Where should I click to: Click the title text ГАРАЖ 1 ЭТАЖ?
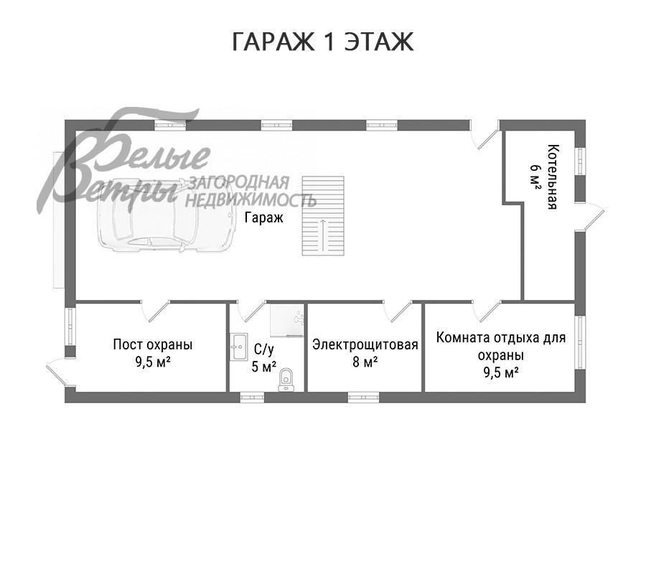tap(322, 42)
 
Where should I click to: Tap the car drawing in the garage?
tap(166, 215)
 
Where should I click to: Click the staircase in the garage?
tap(323, 216)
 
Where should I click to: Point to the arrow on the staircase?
tap(323, 235)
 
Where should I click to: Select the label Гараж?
tap(263, 217)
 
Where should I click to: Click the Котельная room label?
tap(553, 177)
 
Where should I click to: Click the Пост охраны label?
tap(153, 344)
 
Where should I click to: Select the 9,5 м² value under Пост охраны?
tap(153, 362)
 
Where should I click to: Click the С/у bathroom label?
tap(263, 349)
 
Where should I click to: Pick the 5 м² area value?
tap(263, 367)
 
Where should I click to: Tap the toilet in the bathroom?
tap(286, 380)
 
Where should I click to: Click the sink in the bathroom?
tap(238, 347)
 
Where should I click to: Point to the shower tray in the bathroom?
tap(286, 320)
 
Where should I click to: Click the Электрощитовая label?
tap(365, 344)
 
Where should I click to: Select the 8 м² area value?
tap(365, 362)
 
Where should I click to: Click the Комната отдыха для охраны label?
tap(501, 347)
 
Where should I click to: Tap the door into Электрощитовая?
tap(398, 311)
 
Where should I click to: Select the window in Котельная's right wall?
tap(580, 161)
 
